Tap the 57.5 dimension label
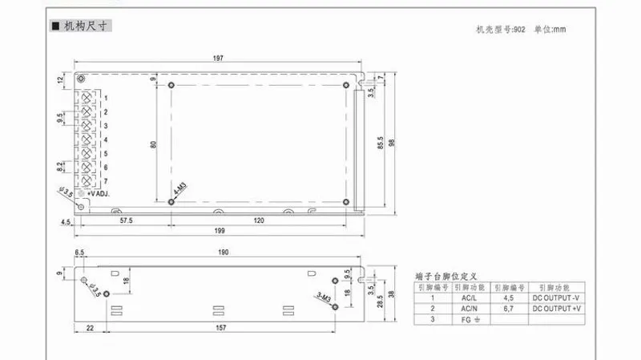(x=126, y=218)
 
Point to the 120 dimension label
(x=259, y=218)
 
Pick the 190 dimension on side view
(x=224, y=253)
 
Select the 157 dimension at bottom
(x=219, y=327)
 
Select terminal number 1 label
(x=106, y=99)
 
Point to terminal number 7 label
(x=106, y=181)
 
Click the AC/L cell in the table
(x=469, y=297)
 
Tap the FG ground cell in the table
(x=470, y=319)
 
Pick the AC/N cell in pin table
(x=469, y=308)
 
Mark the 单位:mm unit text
(x=550, y=30)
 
